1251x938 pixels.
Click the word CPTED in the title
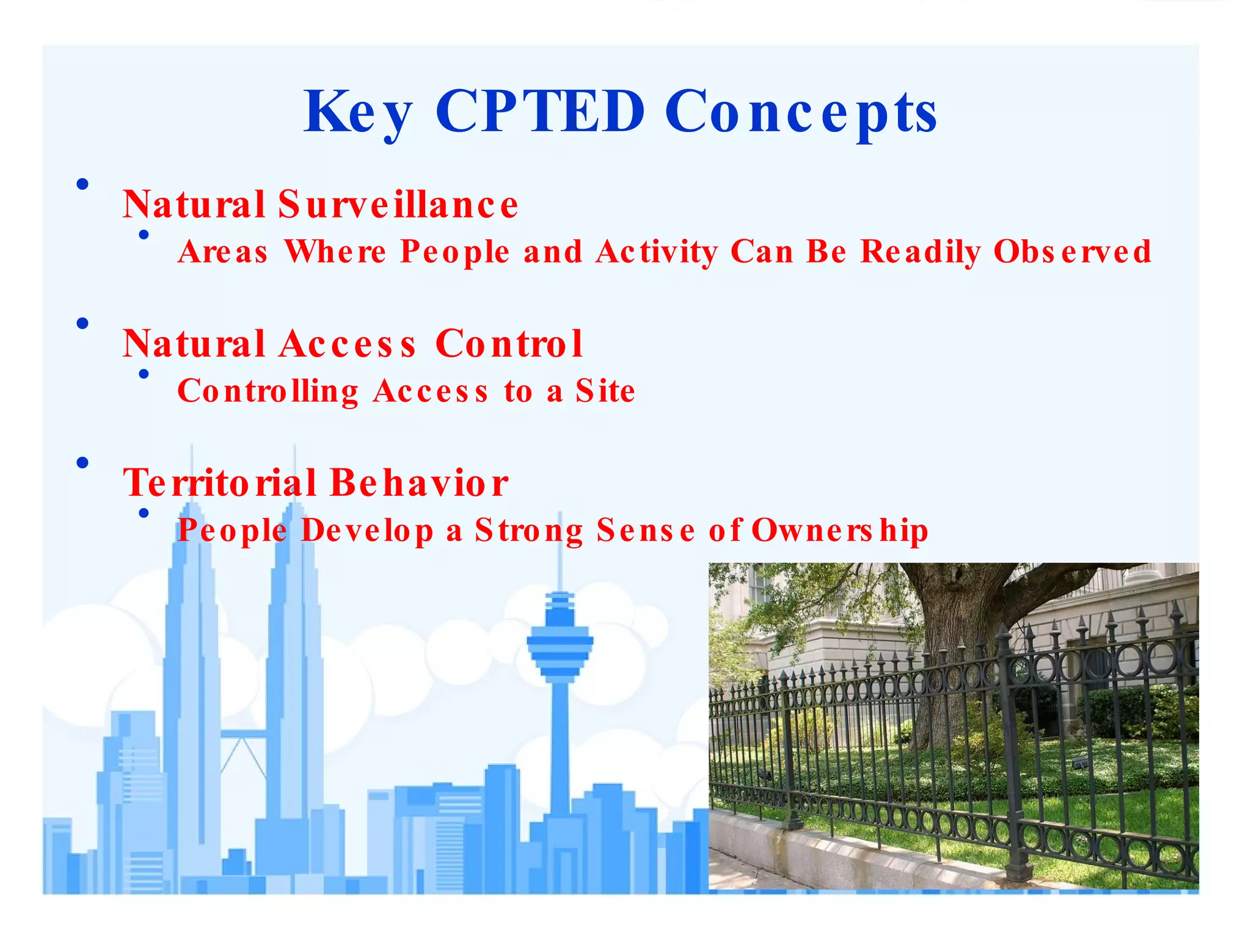tap(540, 111)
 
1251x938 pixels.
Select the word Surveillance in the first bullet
tap(398, 205)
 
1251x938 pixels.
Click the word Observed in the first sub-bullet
tap(1072, 252)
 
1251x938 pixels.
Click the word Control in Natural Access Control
tap(509, 344)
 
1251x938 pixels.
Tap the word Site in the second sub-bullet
tap(605, 391)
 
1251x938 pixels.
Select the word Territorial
tap(220, 483)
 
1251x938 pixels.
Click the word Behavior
tap(419, 483)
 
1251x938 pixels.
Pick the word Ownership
tap(839, 530)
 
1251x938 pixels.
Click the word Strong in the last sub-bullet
tap(529, 531)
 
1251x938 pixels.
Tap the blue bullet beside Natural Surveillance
tap(82, 184)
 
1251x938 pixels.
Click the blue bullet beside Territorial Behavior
tap(82, 463)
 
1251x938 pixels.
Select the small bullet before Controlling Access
tap(144, 374)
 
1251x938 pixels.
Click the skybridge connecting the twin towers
tap(244, 734)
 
